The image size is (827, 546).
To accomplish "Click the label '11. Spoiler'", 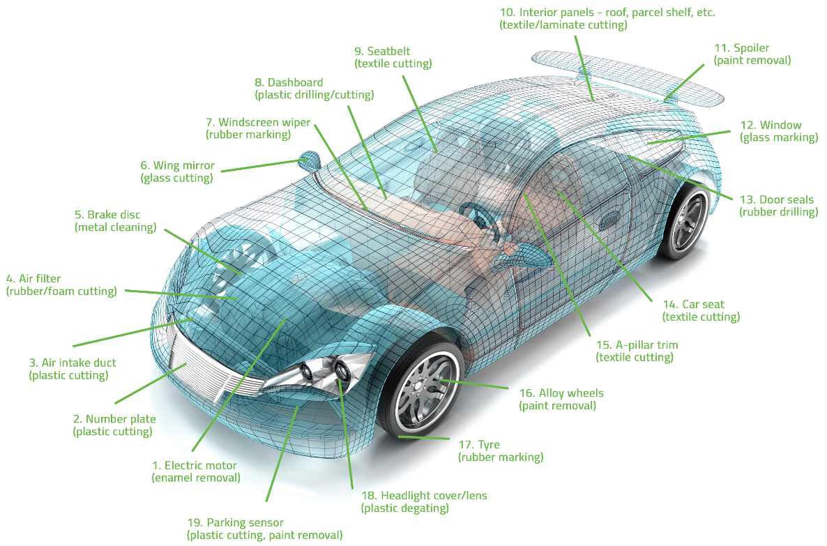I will click(x=741, y=48).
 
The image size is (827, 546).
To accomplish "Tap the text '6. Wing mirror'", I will click(x=177, y=166).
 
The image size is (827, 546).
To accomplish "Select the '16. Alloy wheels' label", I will click(x=561, y=393).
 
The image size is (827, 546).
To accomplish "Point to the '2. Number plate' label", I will click(x=114, y=419).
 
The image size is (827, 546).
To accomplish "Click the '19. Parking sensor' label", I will click(x=236, y=522).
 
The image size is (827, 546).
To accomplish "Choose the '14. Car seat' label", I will click(x=694, y=304).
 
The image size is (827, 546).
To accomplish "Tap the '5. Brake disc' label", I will click(x=107, y=215).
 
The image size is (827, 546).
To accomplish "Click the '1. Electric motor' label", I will click(x=195, y=465).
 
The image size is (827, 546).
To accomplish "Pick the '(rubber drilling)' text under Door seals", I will click(x=778, y=212).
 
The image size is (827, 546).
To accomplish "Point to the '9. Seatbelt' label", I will click(x=382, y=51).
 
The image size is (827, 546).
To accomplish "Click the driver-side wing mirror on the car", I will click(x=308, y=161).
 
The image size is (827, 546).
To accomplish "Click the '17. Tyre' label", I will click(x=479, y=445).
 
